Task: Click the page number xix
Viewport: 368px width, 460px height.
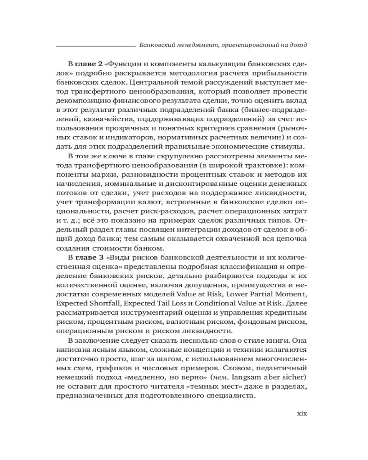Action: tap(300, 413)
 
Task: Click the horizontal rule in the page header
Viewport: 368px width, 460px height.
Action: tap(94, 46)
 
